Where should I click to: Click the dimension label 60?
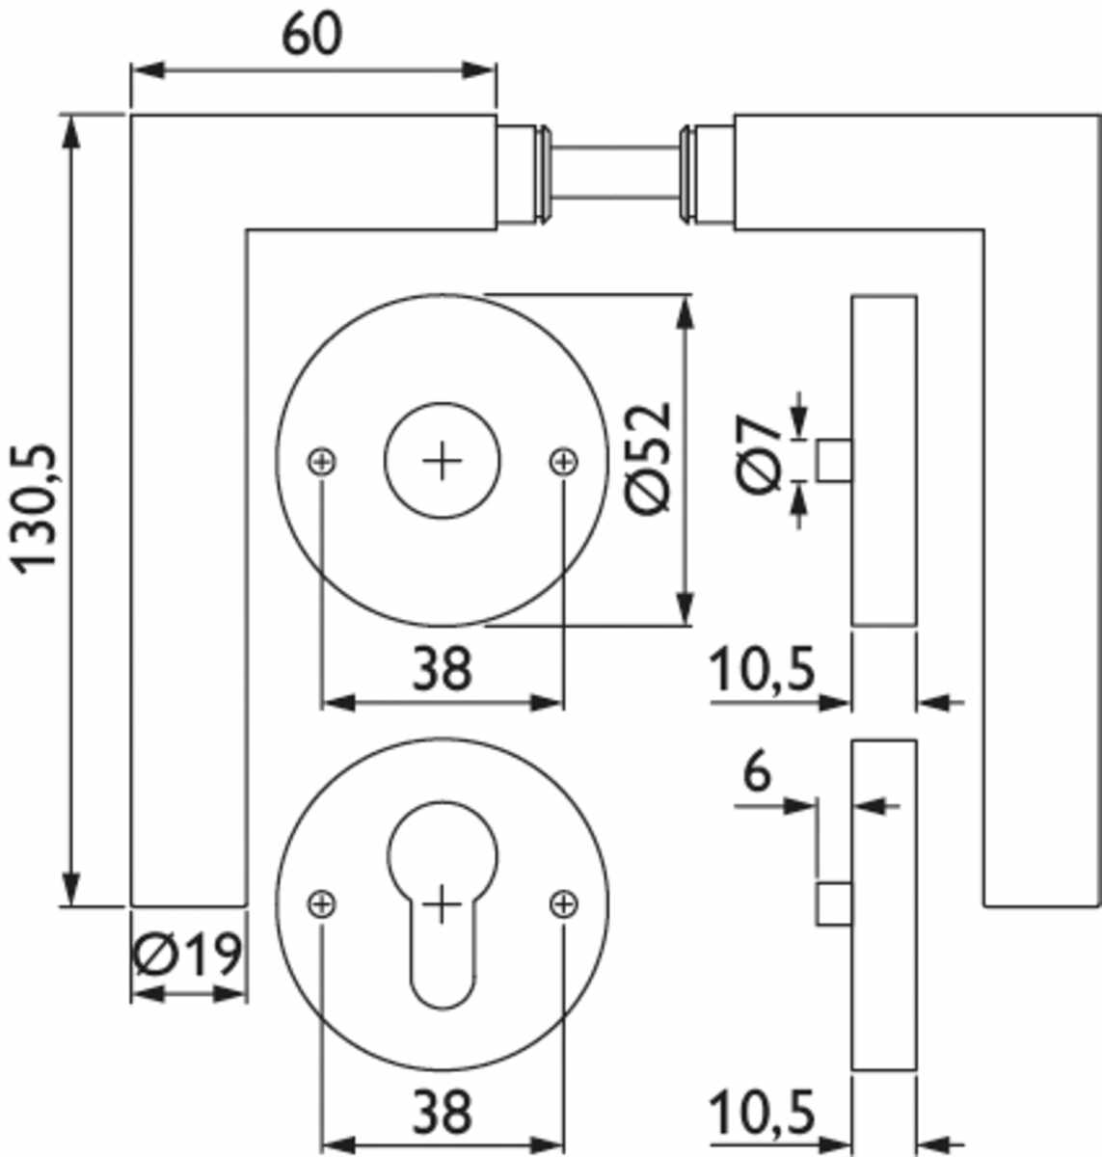(311, 34)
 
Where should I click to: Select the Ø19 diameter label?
(187, 954)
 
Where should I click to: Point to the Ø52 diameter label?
(648, 459)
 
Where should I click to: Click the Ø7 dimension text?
(758, 454)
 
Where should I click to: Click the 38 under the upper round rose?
(443, 668)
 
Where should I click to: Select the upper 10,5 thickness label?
(763, 668)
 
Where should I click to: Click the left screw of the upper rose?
(322, 462)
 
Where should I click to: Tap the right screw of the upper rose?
(563, 462)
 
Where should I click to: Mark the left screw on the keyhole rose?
(322, 903)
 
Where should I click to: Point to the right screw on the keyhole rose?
(563, 903)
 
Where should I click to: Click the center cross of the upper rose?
(443, 462)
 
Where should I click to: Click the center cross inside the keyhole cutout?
(443, 904)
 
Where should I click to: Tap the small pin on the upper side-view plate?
(834, 460)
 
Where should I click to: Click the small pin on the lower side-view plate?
(834, 904)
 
